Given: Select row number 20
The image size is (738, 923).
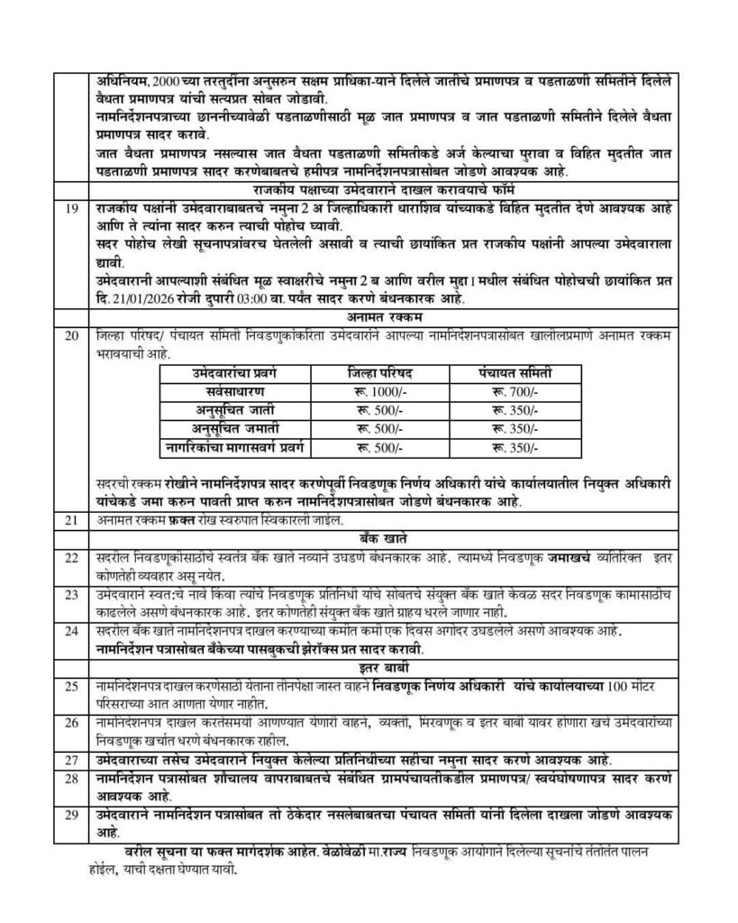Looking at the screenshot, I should (x=72, y=333).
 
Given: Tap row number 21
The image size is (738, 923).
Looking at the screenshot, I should (x=72, y=520).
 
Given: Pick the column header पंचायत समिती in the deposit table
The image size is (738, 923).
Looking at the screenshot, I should (x=515, y=373).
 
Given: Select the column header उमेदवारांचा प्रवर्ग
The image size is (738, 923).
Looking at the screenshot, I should (x=233, y=373).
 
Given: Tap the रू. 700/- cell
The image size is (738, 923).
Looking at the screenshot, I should (x=515, y=392).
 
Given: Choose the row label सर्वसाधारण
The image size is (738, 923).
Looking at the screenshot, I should (x=233, y=392).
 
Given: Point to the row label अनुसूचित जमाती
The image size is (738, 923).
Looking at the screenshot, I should (x=233, y=426).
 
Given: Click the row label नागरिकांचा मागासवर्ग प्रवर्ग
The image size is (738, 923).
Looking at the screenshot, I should (x=233, y=444).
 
